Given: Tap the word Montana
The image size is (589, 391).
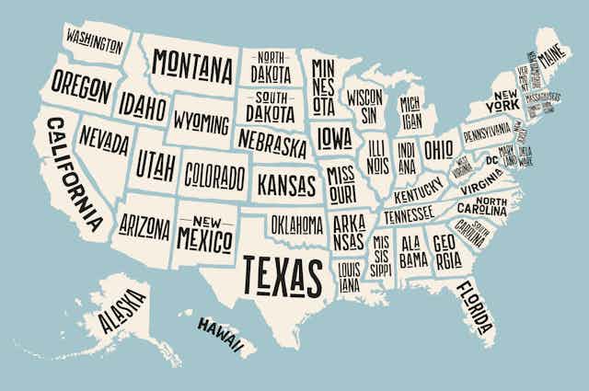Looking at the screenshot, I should [192, 64].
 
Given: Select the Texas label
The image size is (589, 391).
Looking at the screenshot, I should [283, 273].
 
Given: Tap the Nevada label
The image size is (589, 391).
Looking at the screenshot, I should [104, 141].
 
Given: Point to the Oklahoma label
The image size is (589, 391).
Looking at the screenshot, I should [296, 224].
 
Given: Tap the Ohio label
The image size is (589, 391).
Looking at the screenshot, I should [438, 149].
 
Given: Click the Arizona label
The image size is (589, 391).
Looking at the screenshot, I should [144, 224].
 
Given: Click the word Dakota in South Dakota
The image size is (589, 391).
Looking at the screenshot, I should [270, 112].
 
